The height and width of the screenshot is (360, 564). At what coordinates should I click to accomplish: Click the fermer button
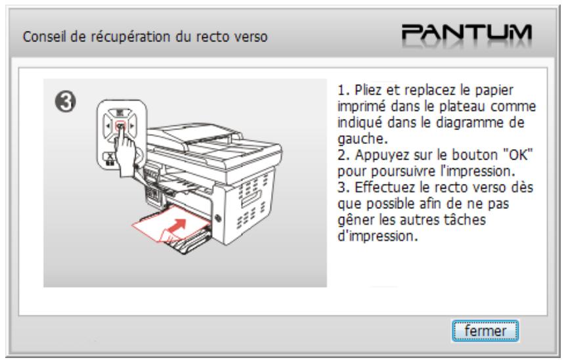(486, 332)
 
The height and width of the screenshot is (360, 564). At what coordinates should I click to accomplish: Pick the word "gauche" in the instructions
(353, 141)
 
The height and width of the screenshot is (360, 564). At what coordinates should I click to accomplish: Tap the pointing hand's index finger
(121, 133)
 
